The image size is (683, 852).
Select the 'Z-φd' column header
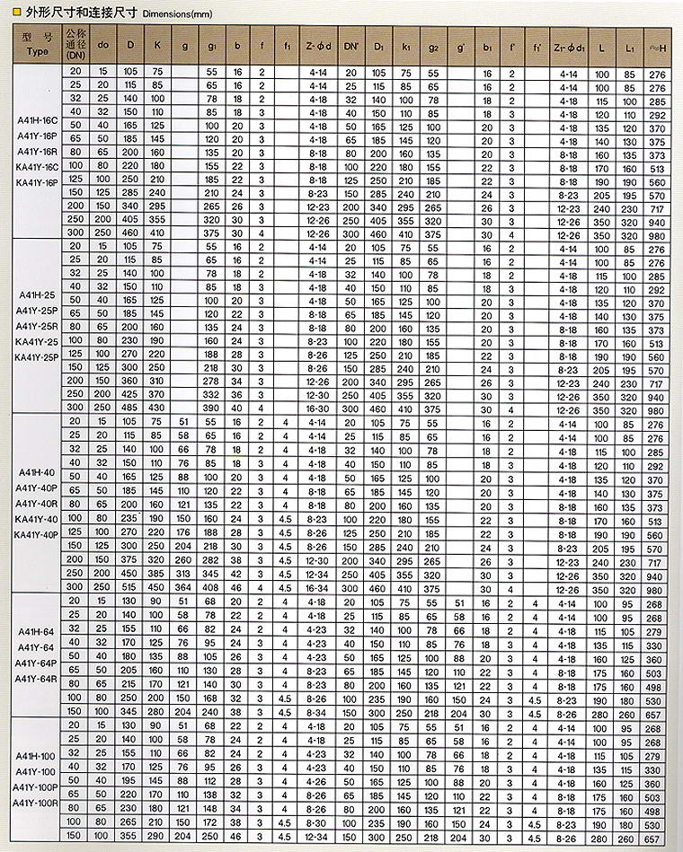coord(319,43)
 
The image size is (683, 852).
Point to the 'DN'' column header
coord(350,43)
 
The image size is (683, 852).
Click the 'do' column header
coord(102,43)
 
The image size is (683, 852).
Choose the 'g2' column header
coord(434,43)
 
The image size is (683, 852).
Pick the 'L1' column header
coord(626,43)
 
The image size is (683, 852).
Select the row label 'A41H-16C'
coord(37,119)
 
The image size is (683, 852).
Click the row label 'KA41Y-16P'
coord(37,182)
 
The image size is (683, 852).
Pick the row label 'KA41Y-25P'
coord(37,357)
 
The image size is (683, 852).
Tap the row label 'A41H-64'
coord(37,631)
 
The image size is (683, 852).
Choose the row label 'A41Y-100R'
coord(37,803)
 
